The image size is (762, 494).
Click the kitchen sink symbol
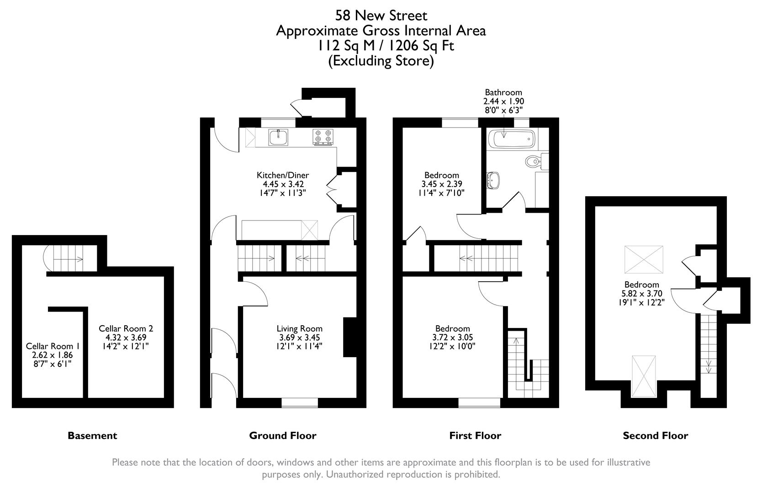point(279,136)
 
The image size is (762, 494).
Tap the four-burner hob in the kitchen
point(323,137)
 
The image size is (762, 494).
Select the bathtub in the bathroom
point(511,139)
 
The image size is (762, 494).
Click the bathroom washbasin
point(493,180)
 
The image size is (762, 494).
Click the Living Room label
point(299,328)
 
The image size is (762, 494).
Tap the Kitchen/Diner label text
point(283,175)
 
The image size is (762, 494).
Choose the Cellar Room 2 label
point(126,328)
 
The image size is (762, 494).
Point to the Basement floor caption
point(92,435)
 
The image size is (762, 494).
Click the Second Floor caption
point(655,435)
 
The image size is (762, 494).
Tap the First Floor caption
point(475,435)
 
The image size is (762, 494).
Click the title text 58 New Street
point(381,16)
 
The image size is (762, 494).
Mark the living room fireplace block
point(350,337)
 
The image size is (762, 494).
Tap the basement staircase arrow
point(73,260)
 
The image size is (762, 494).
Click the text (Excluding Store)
point(381,60)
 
